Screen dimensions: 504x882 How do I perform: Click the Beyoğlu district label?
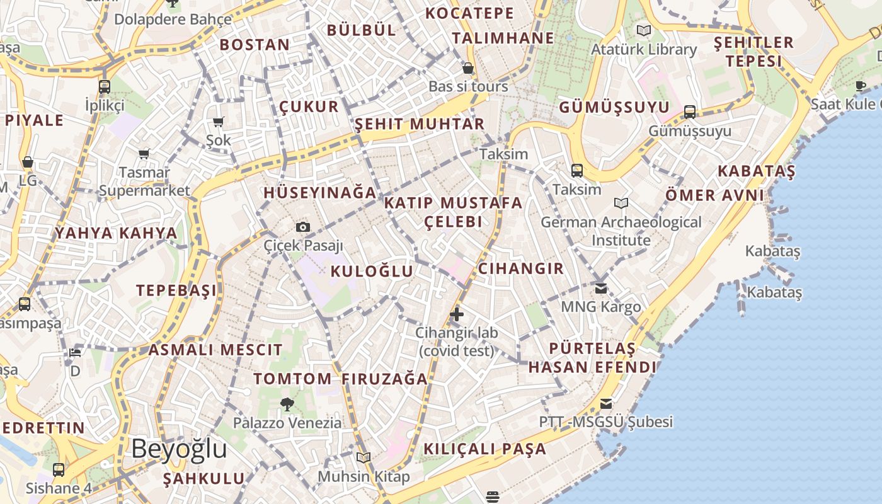click(x=179, y=449)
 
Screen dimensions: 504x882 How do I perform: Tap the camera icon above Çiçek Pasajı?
click(x=303, y=227)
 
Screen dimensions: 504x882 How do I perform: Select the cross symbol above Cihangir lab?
click(x=457, y=314)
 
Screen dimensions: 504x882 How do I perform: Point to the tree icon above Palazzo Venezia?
click(x=287, y=404)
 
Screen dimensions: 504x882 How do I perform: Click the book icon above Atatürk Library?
click(x=644, y=30)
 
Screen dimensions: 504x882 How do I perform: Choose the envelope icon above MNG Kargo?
click(x=601, y=288)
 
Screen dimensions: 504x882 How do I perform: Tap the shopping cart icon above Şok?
click(x=219, y=122)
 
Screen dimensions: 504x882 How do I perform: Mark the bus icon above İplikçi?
click(x=105, y=87)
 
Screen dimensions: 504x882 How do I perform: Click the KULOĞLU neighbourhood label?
click(x=372, y=272)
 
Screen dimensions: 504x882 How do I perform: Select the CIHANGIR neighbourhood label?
click(x=520, y=268)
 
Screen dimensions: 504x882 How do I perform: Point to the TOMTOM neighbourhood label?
click(x=292, y=379)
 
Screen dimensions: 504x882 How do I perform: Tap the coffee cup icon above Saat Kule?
click(x=861, y=85)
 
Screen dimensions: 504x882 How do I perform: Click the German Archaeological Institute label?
click(x=621, y=231)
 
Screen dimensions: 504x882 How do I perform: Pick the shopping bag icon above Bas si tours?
click(x=467, y=68)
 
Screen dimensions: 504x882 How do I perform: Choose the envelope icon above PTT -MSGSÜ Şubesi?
click(x=606, y=404)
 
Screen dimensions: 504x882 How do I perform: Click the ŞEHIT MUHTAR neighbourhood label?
click(x=419, y=124)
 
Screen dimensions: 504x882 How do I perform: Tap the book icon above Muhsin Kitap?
click(x=364, y=457)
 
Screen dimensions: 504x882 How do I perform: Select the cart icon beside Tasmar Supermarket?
click(x=144, y=154)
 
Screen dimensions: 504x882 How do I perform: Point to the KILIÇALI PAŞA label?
click(x=484, y=449)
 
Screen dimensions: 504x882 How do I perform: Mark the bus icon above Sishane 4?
click(x=59, y=469)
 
